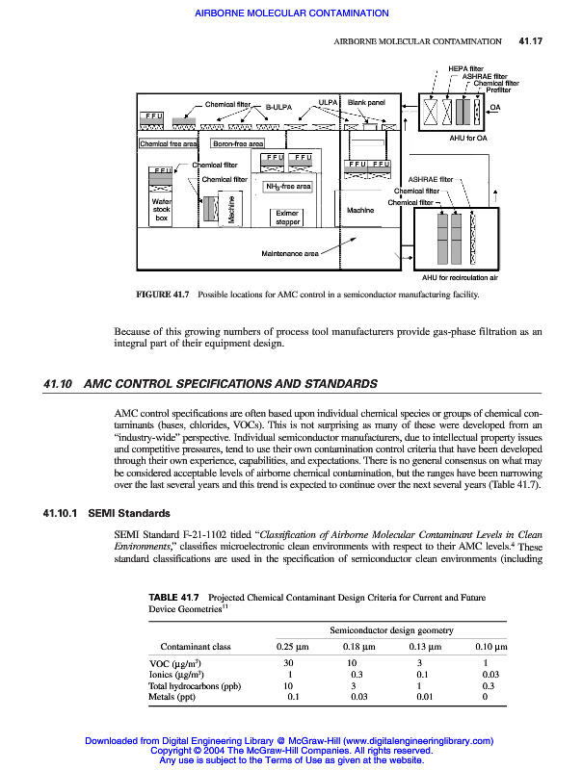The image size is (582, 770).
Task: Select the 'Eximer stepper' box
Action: tap(288, 218)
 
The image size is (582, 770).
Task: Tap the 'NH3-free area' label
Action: tap(288, 186)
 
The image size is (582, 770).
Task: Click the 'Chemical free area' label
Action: tap(169, 144)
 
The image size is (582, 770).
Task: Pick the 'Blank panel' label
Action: tap(366, 103)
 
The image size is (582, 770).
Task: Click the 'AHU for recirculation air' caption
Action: tap(461, 277)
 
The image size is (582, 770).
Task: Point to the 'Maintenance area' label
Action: tap(290, 254)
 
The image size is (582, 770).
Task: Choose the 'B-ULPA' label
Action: tap(279, 108)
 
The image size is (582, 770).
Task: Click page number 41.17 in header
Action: tap(531, 42)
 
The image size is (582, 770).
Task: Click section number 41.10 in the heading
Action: tap(60, 385)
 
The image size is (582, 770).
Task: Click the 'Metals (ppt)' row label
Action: tap(176, 697)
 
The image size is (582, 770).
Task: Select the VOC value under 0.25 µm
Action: tap(289, 663)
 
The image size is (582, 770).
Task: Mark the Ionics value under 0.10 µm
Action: tap(490, 675)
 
